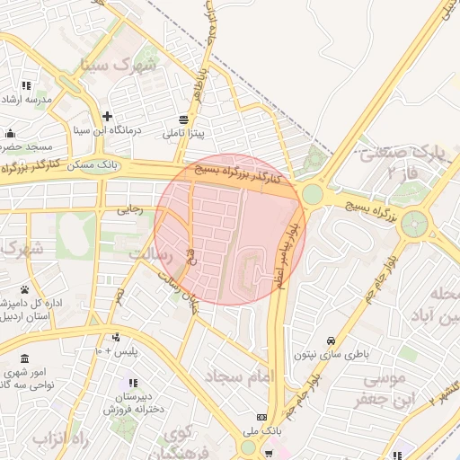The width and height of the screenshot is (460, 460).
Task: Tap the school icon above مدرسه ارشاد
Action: [27, 85]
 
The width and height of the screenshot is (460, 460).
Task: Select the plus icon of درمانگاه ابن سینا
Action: [107, 116]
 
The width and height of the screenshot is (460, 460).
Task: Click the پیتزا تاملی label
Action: [183, 134]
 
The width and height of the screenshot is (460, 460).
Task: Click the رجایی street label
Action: [129, 210]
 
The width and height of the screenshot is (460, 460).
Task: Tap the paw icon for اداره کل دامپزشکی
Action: [24, 289]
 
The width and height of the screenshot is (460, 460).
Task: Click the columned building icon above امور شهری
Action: [24, 358]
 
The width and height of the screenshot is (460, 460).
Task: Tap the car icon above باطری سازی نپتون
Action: [332, 341]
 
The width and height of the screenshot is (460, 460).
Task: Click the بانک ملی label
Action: [261, 432]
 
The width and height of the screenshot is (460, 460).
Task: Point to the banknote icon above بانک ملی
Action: [261, 418]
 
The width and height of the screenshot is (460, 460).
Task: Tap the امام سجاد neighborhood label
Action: [237, 376]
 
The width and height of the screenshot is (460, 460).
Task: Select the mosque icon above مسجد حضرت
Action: [10, 133]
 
